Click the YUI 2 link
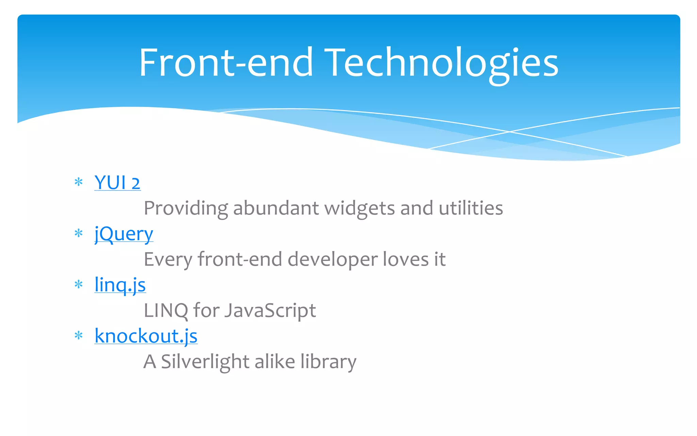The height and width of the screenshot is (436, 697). (x=117, y=183)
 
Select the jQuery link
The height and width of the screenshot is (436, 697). (x=124, y=234)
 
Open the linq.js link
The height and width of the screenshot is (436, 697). (x=120, y=285)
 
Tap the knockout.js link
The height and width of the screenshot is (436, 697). (x=146, y=336)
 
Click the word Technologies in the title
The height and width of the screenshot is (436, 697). (x=441, y=63)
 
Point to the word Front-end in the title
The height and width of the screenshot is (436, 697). (x=226, y=63)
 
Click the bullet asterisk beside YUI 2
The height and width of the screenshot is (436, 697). (x=79, y=182)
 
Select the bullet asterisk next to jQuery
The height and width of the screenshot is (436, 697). (x=79, y=233)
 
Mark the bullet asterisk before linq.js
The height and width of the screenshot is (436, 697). (x=79, y=284)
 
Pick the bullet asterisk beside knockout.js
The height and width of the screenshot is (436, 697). (x=79, y=336)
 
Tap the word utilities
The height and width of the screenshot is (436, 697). (x=471, y=208)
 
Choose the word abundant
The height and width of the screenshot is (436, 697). (x=276, y=208)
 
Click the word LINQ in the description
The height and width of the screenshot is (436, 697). (x=166, y=311)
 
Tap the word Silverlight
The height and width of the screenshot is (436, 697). (x=205, y=362)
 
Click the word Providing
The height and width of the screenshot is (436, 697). (x=186, y=208)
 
